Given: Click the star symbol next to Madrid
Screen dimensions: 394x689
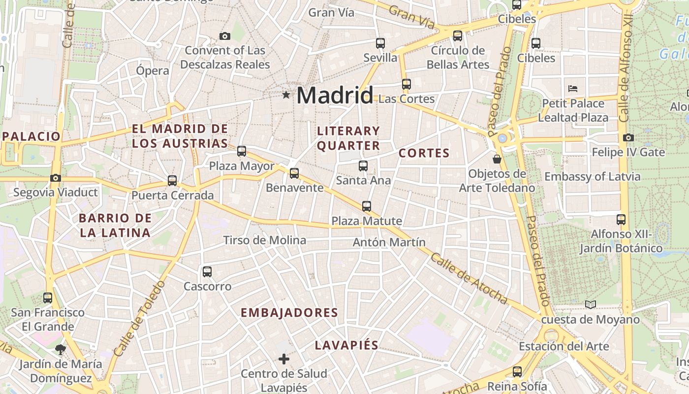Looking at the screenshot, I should click(286, 95).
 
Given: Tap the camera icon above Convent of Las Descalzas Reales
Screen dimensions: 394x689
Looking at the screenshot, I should click(225, 36).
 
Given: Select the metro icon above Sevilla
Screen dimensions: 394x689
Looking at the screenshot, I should click(380, 43).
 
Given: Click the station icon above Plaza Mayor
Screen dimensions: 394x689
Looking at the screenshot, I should click(241, 151).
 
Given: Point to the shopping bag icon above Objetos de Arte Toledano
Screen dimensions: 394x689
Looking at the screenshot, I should click(497, 159).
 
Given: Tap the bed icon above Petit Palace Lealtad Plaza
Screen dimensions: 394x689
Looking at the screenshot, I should click(572, 89).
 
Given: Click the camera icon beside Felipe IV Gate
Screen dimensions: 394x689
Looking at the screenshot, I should click(628, 138).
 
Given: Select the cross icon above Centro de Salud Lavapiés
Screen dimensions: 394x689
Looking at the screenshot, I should click(284, 359).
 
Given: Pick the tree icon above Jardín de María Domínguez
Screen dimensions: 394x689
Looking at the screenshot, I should click(61, 350).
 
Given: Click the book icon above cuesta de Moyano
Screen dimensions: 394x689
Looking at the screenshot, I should click(591, 305).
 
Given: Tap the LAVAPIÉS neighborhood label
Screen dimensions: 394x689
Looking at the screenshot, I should click(346, 345).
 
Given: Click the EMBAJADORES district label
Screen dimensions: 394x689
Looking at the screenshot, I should click(289, 313).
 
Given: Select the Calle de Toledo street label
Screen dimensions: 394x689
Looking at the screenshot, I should click(139, 318).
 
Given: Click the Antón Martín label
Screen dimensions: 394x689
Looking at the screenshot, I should click(389, 242).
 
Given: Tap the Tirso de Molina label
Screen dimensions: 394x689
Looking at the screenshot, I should click(264, 240).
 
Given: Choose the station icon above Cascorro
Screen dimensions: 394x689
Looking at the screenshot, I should click(207, 271).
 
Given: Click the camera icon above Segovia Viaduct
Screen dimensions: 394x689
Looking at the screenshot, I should click(56, 178).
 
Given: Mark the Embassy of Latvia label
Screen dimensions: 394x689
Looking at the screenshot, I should click(592, 177).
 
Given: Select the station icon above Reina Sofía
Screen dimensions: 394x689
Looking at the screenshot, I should click(517, 372).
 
